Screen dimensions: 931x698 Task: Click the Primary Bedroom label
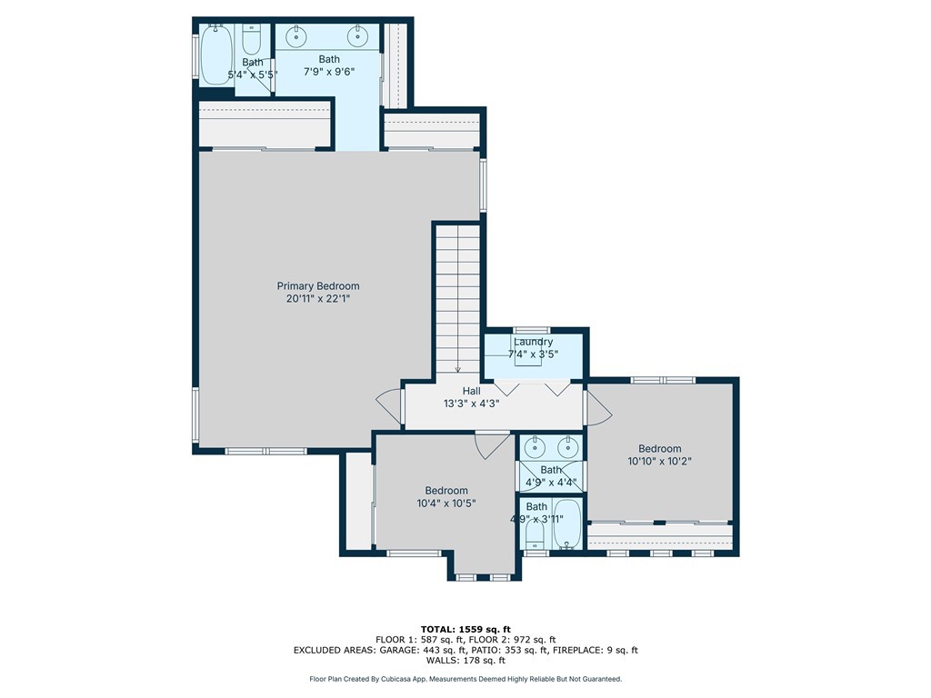point(318,286)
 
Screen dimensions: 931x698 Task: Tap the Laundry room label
point(533,342)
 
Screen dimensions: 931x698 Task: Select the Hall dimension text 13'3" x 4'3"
point(472,404)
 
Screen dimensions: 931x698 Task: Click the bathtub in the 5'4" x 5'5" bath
point(215,55)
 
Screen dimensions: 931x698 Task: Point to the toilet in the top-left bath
point(252,40)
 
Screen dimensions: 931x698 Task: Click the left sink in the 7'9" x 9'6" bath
point(296,36)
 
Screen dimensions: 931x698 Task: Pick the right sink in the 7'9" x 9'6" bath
point(357,36)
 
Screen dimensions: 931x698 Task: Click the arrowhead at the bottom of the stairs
point(458,369)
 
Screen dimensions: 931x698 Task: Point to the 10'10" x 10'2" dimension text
point(660,461)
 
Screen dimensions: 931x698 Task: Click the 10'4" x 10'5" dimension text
point(446,504)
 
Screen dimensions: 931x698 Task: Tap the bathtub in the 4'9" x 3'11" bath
point(567,524)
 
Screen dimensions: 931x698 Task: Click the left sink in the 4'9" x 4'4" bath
point(536,446)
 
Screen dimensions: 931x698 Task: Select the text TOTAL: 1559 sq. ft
point(465,629)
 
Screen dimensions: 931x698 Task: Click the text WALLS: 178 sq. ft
point(465,660)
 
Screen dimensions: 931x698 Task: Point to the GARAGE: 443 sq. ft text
point(422,650)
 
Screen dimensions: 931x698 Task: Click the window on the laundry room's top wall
point(532,331)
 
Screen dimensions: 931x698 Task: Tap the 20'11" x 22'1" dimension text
point(318,298)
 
